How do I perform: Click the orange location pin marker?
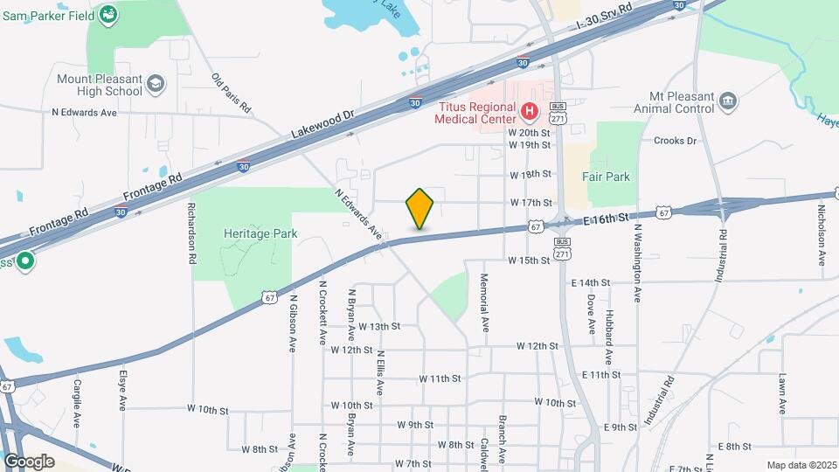420,209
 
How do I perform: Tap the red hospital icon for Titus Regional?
529,111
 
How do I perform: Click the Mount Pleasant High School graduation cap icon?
156,83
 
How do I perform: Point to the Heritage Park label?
260,233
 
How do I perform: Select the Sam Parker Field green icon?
107,14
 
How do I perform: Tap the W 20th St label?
530,130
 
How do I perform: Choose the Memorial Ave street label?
484,302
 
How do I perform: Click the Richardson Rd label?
191,233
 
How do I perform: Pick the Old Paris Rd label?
232,94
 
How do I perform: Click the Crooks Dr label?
675,140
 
